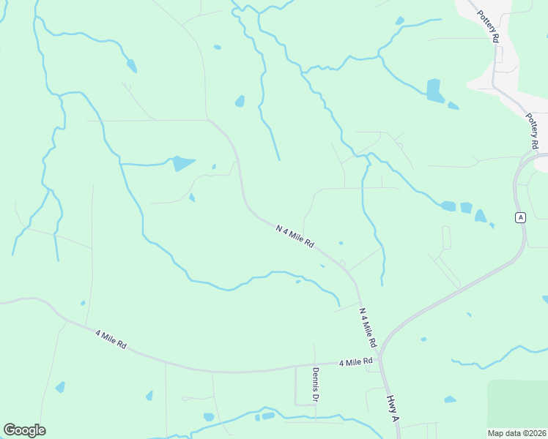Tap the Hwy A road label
pyautogui.click(x=393, y=408)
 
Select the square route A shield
pyautogui.click(x=520, y=217)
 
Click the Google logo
pyautogui.click(x=24, y=430)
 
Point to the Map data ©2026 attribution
pyautogui.click(x=517, y=433)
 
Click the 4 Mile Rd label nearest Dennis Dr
pyautogui.click(x=356, y=362)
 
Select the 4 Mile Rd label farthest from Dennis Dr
pyautogui.click(x=111, y=340)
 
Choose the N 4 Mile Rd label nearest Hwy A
pyautogui.click(x=367, y=327)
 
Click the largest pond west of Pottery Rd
pyautogui.click(x=435, y=90)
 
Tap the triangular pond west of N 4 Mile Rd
pyautogui.click(x=183, y=163)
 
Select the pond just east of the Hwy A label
pyautogui.click(x=449, y=399)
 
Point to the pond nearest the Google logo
pyautogui.click(x=59, y=387)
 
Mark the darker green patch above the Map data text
pyautogui.click(x=517, y=402)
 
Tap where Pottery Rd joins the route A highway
pyautogui.click(x=533, y=155)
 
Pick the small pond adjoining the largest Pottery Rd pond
pyautogui.click(x=453, y=106)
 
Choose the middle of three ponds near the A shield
pyautogui.click(x=466, y=208)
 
